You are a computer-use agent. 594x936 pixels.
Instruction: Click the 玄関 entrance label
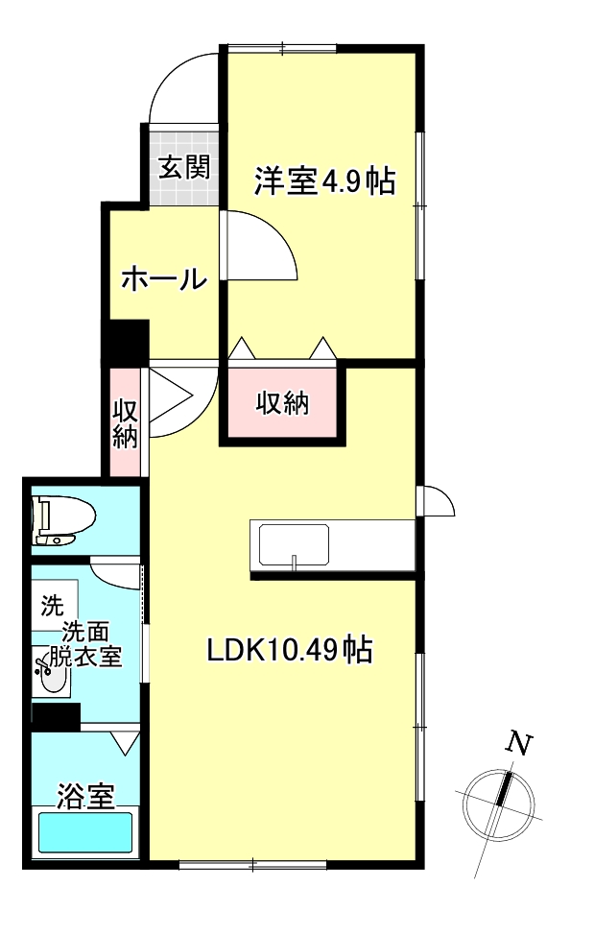(183, 168)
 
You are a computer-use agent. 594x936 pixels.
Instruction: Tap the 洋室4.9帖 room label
(324, 181)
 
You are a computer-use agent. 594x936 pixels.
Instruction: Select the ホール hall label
(163, 279)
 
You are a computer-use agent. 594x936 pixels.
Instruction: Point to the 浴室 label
(86, 796)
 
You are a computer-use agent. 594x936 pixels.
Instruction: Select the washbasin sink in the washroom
(51, 676)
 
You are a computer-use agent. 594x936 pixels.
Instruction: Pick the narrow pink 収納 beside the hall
(126, 422)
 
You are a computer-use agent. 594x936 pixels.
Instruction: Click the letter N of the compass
(519, 742)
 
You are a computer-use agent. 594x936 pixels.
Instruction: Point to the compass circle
(498, 804)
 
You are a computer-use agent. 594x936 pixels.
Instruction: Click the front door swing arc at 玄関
(182, 83)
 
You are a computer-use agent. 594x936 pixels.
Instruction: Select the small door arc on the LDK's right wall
(438, 500)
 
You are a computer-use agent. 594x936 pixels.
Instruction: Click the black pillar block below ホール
(125, 344)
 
